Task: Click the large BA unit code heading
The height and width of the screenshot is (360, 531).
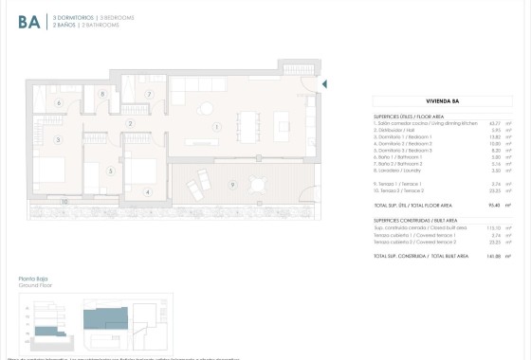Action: pyautogui.click(x=28, y=22)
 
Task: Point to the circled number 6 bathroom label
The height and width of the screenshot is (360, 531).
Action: pyautogui.click(x=58, y=102)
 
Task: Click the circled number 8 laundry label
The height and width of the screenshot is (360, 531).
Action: pyautogui.click(x=102, y=94)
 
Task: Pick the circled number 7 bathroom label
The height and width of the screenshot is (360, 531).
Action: pyautogui.click(x=149, y=95)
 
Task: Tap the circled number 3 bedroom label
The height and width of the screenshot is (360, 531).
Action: pyautogui.click(x=58, y=140)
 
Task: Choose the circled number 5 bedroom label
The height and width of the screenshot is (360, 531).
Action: pyautogui.click(x=111, y=171)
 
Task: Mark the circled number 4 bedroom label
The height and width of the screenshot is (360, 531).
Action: pyautogui.click(x=147, y=192)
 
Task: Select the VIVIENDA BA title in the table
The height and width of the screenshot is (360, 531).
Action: pyautogui.click(x=443, y=99)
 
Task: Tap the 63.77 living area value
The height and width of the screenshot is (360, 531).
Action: pyautogui.click(x=494, y=122)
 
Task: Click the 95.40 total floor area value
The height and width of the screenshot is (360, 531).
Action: pyautogui.click(x=494, y=205)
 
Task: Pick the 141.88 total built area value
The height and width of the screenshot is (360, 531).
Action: pyautogui.click(x=493, y=256)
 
